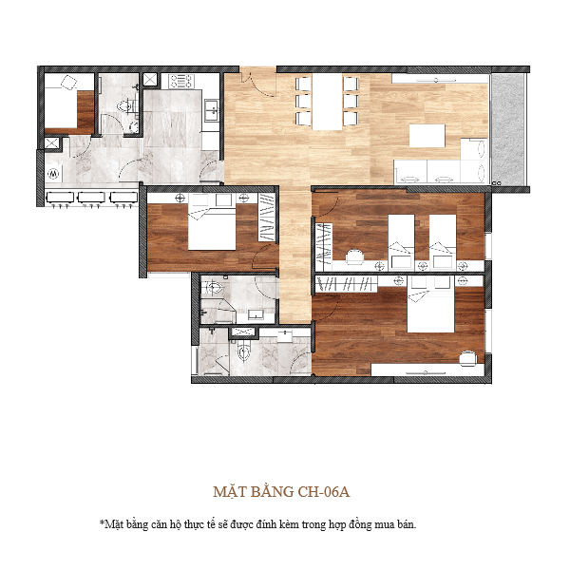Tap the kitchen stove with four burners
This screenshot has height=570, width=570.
click(179, 79)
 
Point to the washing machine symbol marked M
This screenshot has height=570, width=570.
click(53, 175)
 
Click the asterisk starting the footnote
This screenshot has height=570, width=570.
click(102, 523)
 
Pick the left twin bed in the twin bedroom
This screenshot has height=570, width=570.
click(400, 235)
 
